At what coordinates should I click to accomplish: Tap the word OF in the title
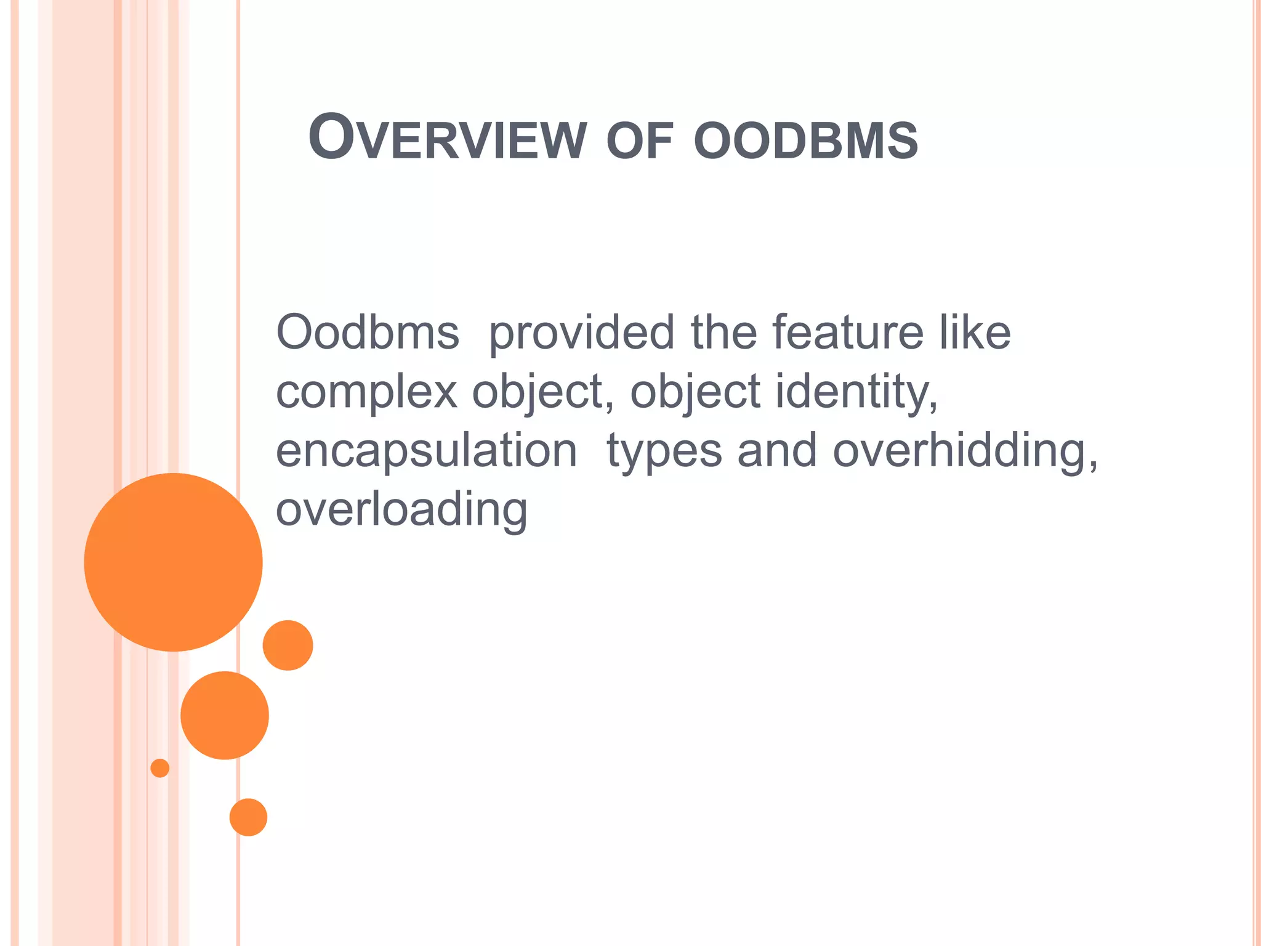640,141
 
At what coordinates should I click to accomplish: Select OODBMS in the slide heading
805,141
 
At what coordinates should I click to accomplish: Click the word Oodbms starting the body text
368,333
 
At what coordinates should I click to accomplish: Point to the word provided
581,334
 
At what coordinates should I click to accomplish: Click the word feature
848,333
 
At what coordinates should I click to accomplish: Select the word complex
366,392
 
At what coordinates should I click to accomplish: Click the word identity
856,392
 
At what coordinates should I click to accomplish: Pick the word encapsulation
426,451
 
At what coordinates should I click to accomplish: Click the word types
664,453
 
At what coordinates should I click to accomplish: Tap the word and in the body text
777,451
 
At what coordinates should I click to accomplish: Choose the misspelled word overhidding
964,451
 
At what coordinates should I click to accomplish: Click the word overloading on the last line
401,511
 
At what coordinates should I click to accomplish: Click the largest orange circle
174,562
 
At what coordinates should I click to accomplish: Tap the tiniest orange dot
160,768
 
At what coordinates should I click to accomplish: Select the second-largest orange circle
225,715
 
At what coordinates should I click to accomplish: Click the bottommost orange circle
248,817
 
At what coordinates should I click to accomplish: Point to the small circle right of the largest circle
288,645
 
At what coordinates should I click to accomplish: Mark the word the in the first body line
723,333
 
